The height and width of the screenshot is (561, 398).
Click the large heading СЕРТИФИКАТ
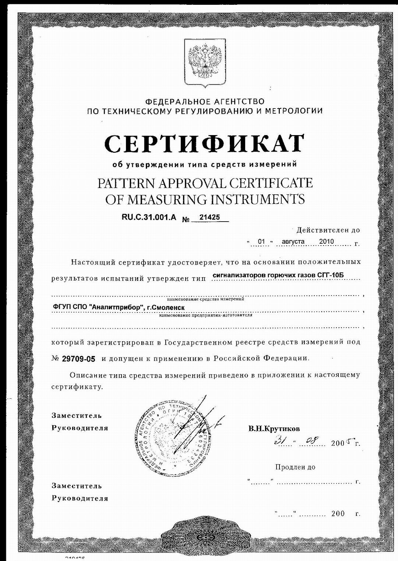pos(205,144)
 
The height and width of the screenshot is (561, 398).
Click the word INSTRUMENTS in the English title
pos(257,199)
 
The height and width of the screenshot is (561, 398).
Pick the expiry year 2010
pos(326,241)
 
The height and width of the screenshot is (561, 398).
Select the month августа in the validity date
pos(293,241)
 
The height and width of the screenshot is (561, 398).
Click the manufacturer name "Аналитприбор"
pos(117,307)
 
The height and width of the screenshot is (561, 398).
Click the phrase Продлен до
pos(295,467)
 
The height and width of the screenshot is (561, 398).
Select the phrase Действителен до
pos(328,230)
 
